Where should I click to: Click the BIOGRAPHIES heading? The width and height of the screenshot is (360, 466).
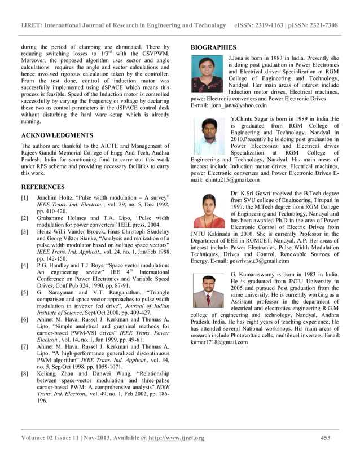pyautogui.click(x=213, y=47)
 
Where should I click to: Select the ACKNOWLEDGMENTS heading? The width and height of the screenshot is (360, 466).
pyautogui.click(x=56, y=135)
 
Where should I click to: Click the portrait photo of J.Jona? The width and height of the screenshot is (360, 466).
pyautogui.click(x=207, y=73)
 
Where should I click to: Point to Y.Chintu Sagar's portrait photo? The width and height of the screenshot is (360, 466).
pyautogui.click(x=209, y=136)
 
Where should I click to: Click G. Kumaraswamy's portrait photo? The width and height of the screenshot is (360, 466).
pyautogui.click(x=209, y=291)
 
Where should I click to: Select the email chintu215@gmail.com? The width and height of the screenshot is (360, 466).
pyautogui.click(x=232, y=180)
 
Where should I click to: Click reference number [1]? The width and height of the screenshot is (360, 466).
pyautogui.click(x=25, y=198)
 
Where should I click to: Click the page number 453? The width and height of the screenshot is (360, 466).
pyautogui.click(x=325, y=438)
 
